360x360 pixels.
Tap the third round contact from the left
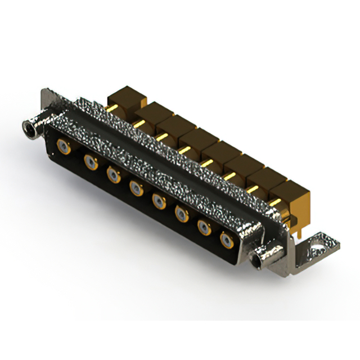(113, 175)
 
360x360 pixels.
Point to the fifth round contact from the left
(159, 200)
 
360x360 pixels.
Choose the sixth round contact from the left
(181, 213)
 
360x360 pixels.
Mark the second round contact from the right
(204, 226)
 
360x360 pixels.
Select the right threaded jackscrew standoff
(262, 259)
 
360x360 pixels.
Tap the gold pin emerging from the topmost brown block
(113, 107)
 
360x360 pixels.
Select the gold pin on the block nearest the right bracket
(275, 201)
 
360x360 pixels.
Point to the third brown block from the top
(174, 125)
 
